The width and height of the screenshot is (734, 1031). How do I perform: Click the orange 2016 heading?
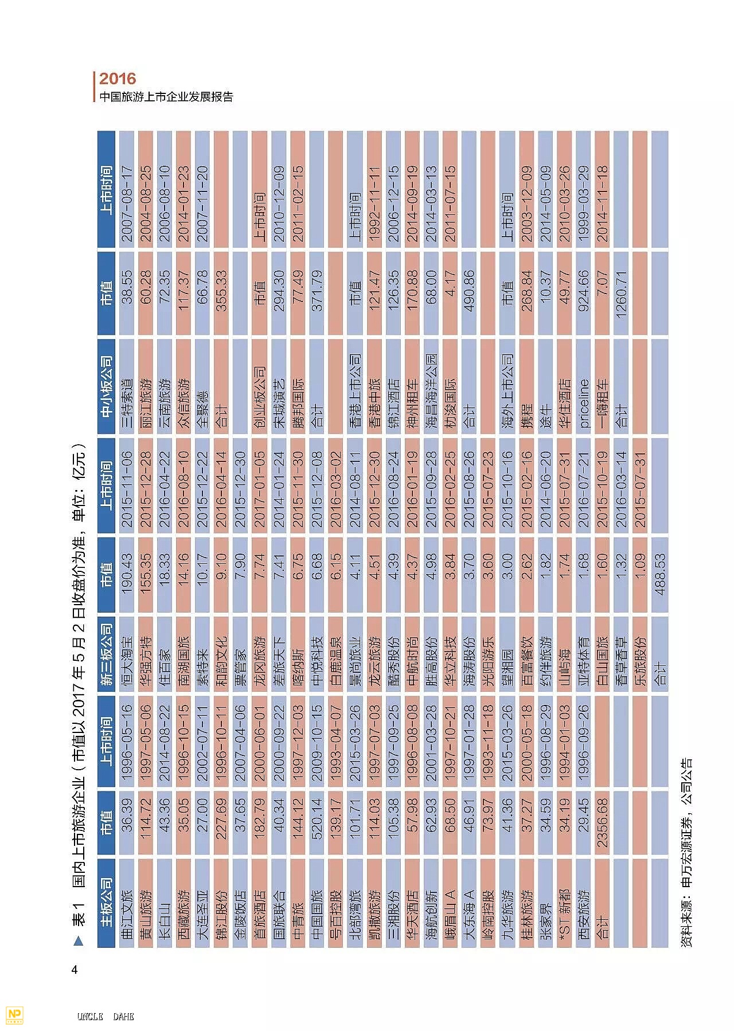coord(118,79)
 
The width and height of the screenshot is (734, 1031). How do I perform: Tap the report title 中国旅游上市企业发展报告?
coord(166,97)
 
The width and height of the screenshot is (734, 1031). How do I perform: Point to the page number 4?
coord(74,970)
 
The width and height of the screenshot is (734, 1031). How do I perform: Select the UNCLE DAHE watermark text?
coord(106,1016)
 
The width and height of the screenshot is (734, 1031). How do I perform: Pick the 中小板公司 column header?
coord(107,386)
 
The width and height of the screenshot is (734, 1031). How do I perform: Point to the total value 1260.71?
coord(622,293)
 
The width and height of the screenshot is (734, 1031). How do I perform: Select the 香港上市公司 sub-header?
coord(355,390)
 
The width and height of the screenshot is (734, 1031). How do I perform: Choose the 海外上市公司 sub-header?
coord(507,390)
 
